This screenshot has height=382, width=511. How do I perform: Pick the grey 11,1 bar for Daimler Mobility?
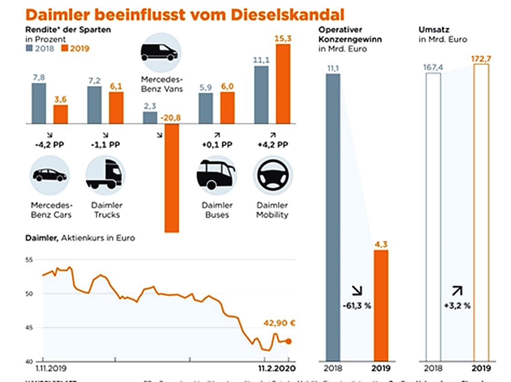(261, 95)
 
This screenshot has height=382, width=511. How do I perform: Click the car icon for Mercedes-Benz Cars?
(50, 176)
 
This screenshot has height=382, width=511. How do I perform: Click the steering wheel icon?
(273, 176)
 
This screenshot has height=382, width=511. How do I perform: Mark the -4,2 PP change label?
(49, 146)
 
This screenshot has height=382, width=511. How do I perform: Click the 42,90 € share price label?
(279, 324)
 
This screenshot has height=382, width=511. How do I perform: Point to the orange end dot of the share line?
(288, 342)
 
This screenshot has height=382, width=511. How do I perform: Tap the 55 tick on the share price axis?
(30, 260)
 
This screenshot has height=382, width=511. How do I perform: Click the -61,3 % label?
(357, 306)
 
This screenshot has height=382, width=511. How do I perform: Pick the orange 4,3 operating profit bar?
(381, 305)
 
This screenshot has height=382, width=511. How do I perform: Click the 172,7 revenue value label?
(481, 59)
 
